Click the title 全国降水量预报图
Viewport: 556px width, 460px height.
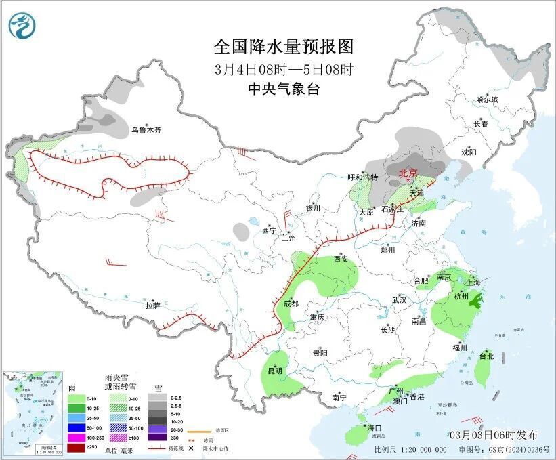pyautogui.click(x=284, y=47)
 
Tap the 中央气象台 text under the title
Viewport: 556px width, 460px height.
pyautogui.click(x=284, y=89)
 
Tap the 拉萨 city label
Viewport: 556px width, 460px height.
pyautogui.click(x=152, y=305)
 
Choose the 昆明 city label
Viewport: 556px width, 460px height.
pyautogui.click(x=274, y=371)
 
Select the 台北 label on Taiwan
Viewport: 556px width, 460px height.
pyautogui.click(x=486, y=355)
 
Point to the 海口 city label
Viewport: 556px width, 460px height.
pyautogui.click(x=375, y=427)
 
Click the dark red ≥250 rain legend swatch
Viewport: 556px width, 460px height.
pyautogui.click(x=76, y=447)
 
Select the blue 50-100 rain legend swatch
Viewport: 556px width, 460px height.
pyautogui.click(x=76, y=428)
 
